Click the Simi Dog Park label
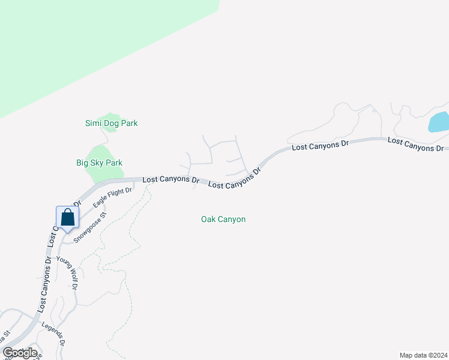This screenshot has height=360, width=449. tap(111, 124)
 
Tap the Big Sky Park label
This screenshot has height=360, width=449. tap(99, 163)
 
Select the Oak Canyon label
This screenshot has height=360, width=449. tap(223, 220)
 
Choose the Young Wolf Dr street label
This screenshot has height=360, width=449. tap(68, 274)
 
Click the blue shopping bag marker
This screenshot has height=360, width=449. tap(67, 218)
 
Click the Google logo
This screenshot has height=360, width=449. tap(20, 353)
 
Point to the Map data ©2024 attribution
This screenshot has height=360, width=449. tap(424, 355)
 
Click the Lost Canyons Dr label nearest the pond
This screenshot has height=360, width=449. tap(415, 144)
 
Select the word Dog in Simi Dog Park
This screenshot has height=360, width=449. tap(112, 124)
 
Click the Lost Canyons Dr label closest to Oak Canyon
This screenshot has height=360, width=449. tap(235, 179)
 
